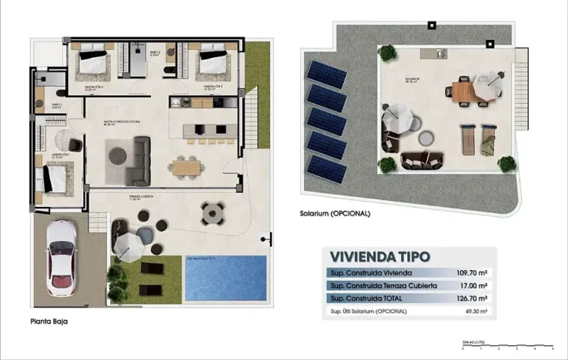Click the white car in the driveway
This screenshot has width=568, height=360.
[61, 258]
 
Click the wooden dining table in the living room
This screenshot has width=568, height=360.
[185, 164]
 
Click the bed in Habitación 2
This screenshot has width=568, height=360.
[92, 60]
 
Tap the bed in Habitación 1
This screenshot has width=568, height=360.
[56, 177]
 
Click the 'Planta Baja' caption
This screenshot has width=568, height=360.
[48, 324]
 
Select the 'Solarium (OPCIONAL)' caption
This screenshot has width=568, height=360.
[336, 213]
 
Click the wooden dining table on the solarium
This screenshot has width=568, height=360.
[465, 91]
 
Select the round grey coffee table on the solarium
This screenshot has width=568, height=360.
[424, 138]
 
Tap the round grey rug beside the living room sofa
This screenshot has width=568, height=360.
[118, 155]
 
